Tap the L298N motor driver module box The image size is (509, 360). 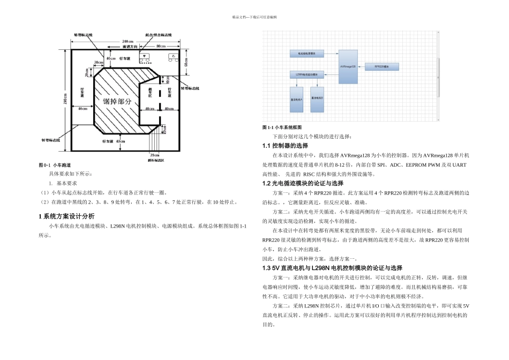click(306, 74)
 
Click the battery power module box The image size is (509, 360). click(306, 54)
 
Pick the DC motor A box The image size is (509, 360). click(296, 99)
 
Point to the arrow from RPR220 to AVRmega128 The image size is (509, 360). click(362, 66)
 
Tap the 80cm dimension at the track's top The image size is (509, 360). click(160, 47)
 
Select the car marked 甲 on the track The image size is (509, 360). click(145, 56)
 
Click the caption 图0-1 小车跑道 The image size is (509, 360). click(55, 165)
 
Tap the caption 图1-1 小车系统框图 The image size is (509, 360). click(282, 127)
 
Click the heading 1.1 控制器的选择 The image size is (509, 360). click(285, 146)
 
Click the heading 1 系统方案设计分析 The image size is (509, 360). click(66, 216)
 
